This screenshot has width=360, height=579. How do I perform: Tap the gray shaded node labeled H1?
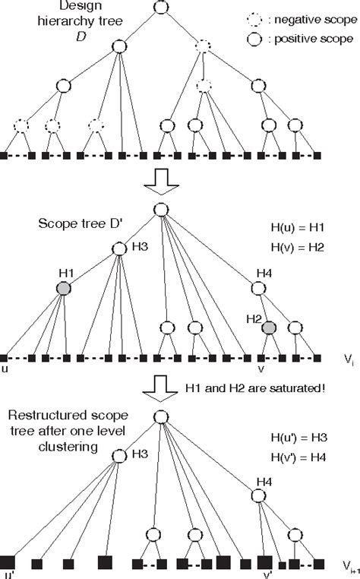(63, 288)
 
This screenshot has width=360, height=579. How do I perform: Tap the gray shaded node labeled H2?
(268, 327)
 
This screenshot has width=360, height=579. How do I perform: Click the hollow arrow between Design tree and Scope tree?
(160, 180)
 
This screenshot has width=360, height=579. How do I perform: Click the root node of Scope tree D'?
(159, 210)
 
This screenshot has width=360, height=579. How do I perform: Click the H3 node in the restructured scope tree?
(118, 454)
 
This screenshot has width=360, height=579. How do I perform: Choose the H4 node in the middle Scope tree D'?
(258, 288)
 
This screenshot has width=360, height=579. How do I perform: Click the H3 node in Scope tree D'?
(118, 248)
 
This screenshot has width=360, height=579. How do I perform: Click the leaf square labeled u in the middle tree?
(4, 357)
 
